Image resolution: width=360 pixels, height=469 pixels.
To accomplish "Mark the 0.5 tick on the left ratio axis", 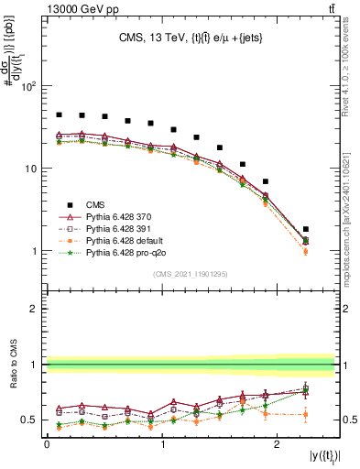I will click(x=29, y=420).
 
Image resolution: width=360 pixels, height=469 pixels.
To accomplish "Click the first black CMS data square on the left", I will click(x=59, y=115).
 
